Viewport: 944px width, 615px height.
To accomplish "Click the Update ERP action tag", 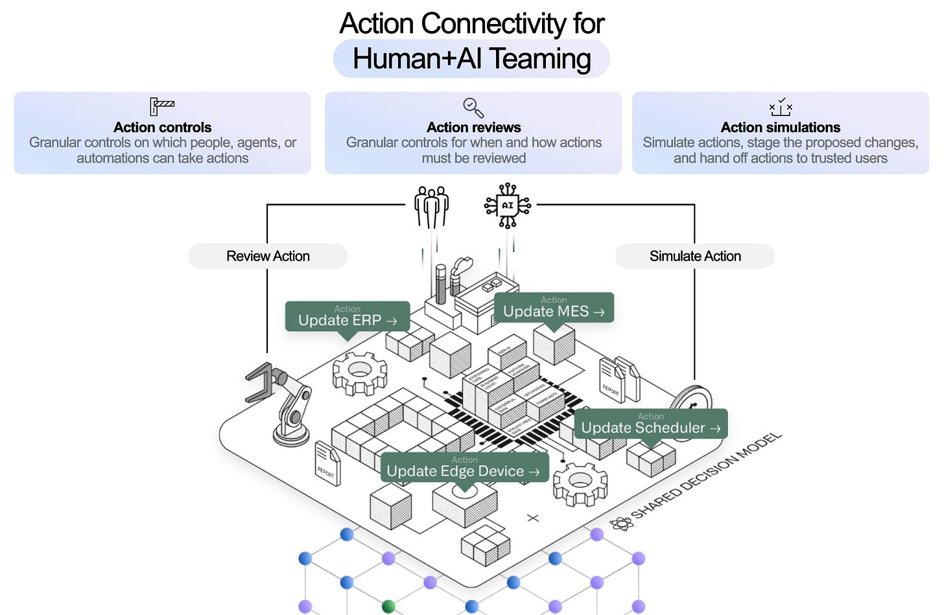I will pos(348,316).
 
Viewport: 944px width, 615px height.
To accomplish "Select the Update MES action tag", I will pos(554,307).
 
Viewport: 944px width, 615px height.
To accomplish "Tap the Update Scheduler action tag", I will pos(650,424).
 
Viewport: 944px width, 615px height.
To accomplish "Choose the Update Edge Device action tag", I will pos(464,467).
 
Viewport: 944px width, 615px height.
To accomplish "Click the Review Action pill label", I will pos(268,256).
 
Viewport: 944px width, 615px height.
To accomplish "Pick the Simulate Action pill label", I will pos(694,256).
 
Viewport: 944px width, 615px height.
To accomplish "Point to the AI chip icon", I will pos(508,205).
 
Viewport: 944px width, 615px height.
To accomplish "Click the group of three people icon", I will pos(432,207).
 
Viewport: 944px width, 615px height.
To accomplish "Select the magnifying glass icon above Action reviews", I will pos(473,108).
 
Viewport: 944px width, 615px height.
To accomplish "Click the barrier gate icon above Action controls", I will pos(162,106).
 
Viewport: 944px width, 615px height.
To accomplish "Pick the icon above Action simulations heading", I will pos(781,108).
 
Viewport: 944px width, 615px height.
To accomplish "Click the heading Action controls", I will pos(162,127).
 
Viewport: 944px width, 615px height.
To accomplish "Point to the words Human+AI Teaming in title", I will pos(471,59).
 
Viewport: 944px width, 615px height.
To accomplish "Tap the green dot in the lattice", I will pos(388,607).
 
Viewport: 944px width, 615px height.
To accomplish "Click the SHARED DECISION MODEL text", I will pos(707,476).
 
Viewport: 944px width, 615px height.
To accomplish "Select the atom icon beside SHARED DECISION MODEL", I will pos(621,524).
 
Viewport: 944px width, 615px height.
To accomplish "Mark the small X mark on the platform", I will pos(533,518).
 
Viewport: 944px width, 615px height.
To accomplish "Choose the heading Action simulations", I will pos(781,127).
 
